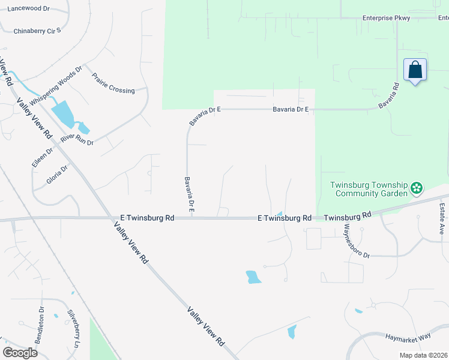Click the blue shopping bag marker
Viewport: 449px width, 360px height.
(x=415, y=71)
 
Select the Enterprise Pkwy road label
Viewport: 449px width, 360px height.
(x=386, y=18)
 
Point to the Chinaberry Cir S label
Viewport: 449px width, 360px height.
(x=37, y=31)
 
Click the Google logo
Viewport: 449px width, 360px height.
(x=20, y=353)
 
